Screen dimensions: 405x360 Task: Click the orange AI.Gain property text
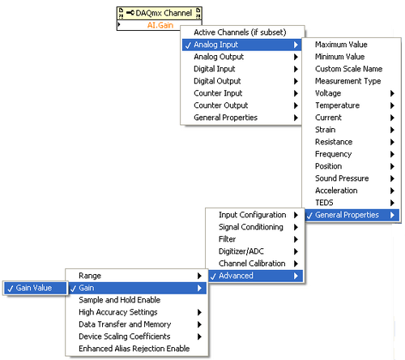coord(160,25)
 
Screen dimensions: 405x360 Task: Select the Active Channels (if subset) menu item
coord(240,32)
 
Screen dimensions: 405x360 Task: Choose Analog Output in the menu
coord(219,57)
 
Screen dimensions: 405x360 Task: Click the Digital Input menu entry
coord(215,69)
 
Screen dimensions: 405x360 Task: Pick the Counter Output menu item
coord(221,105)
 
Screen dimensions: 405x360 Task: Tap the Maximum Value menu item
coord(341,45)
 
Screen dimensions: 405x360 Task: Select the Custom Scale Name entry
coord(348,69)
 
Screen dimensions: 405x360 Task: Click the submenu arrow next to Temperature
coord(392,105)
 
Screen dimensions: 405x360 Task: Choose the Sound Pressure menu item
coord(342,178)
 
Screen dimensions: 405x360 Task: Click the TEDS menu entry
coord(324,203)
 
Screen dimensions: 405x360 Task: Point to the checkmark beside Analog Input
coord(188,45)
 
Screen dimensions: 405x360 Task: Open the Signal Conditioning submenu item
coord(251,227)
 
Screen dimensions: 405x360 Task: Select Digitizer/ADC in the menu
coord(241,251)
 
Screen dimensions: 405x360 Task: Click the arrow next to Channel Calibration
coord(296,264)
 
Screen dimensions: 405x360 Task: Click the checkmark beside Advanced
coord(213,276)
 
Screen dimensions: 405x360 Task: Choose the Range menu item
coord(90,276)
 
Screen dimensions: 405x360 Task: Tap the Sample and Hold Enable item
coord(119,300)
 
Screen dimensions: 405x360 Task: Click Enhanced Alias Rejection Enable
coord(134,349)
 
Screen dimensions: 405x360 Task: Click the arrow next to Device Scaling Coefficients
coord(199,336)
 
